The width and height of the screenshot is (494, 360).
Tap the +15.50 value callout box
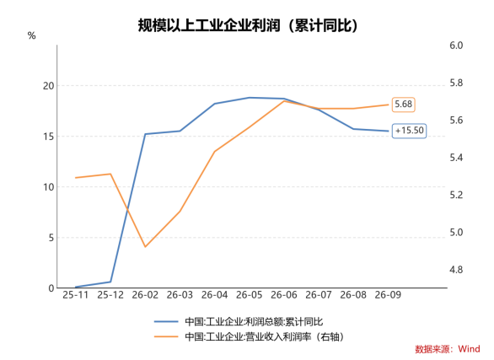click(x=409, y=131)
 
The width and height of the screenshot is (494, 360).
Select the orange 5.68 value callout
click(x=403, y=105)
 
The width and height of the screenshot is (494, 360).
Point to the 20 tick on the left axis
click(x=49, y=86)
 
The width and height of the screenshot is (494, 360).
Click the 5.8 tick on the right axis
click(x=456, y=83)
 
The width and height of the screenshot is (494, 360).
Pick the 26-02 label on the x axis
click(x=145, y=295)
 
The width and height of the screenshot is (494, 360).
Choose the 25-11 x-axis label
click(x=76, y=295)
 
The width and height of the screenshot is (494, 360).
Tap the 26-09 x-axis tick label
click(x=388, y=295)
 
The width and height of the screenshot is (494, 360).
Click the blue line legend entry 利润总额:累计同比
click(x=239, y=321)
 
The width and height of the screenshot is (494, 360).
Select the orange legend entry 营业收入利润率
click(x=249, y=336)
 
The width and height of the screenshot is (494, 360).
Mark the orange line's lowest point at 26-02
click(x=145, y=247)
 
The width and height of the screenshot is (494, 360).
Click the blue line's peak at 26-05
click(x=250, y=98)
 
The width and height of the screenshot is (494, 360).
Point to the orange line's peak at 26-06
click(x=284, y=101)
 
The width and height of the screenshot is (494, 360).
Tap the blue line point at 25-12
click(x=110, y=282)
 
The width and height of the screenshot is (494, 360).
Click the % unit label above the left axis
click(x=31, y=35)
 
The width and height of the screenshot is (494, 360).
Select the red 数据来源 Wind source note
click(x=448, y=349)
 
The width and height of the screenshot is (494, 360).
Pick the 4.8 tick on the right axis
click(x=456, y=270)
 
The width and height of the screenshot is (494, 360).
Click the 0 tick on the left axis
click(x=51, y=288)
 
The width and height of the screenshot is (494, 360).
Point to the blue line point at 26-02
click(x=145, y=134)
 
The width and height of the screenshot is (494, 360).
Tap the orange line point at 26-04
click(x=215, y=152)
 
